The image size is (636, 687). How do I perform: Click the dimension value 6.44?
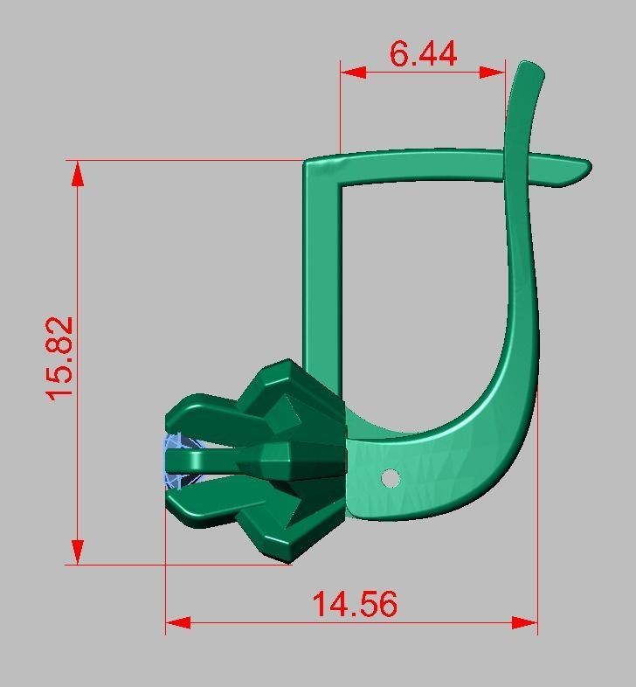pyautogui.click(x=423, y=53)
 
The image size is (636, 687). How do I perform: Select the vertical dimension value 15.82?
pyautogui.click(x=62, y=358)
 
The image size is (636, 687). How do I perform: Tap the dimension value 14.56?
pyautogui.click(x=355, y=604)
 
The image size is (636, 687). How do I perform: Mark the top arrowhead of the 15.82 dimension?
pyautogui.click(x=78, y=173)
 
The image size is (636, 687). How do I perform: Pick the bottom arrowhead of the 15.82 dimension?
pyautogui.click(x=78, y=552)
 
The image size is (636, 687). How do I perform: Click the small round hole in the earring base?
pyautogui.click(x=391, y=477)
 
